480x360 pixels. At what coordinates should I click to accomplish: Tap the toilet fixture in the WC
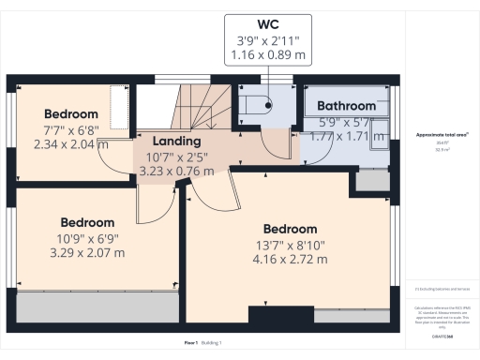click(255, 104)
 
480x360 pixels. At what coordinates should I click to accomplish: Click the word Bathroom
click(346, 107)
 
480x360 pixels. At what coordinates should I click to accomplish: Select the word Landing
click(165, 140)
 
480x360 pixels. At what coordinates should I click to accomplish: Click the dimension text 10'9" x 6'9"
click(87, 239)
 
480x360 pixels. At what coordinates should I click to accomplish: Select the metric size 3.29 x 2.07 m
click(87, 254)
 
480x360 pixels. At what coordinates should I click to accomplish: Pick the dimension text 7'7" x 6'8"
click(70, 129)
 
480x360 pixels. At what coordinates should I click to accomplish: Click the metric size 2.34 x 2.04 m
click(70, 144)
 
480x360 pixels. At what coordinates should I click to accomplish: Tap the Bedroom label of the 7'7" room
click(71, 113)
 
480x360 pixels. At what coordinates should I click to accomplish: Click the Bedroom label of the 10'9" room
click(87, 223)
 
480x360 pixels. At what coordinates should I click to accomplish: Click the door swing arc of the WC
click(273, 142)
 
